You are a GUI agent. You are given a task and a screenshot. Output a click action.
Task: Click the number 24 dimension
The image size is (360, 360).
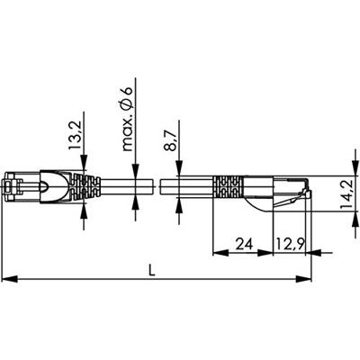[x=241, y=244]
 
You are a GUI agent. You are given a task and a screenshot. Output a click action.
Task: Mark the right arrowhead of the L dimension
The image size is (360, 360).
[x=308, y=279]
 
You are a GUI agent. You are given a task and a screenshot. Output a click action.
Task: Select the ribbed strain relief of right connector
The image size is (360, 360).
[x=225, y=190]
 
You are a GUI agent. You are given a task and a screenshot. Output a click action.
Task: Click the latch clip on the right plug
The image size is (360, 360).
[x=306, y=190]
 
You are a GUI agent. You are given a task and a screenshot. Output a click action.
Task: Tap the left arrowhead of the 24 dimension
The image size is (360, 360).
[x=217, y=254]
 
